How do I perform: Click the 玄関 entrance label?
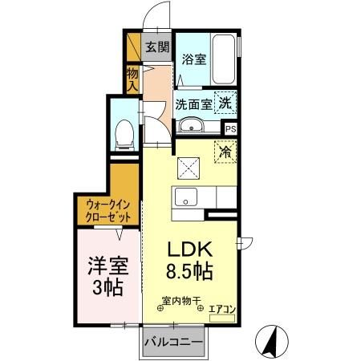pos(156,47)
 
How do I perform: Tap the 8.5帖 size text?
pos(189,270)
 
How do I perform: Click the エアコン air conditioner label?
pos(221,307)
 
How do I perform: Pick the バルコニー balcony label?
pos(173,342)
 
